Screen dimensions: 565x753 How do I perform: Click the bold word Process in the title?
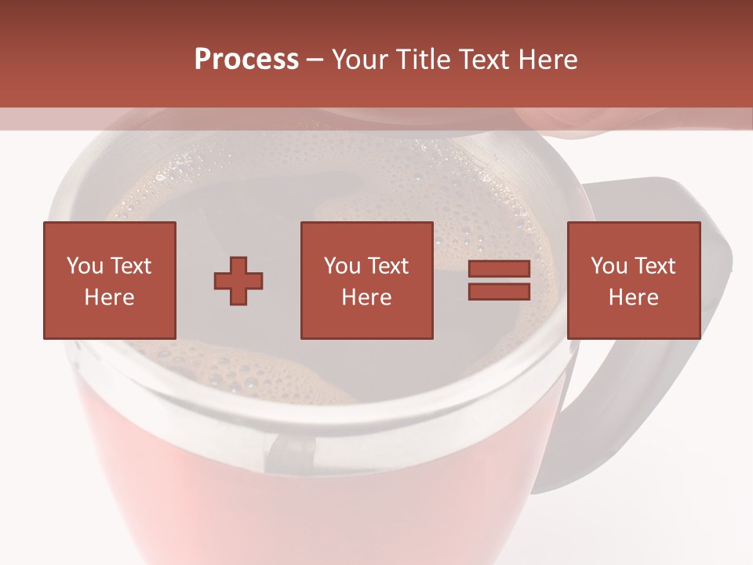[246, 60]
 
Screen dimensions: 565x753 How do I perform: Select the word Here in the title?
[549, 60]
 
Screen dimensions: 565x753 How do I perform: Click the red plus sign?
[238, 281]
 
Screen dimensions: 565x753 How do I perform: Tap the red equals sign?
[499, 281]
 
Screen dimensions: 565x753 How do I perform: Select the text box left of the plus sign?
[110, 281]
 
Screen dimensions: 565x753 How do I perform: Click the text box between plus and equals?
[367, 281]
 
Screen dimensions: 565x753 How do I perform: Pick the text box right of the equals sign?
[634, 281]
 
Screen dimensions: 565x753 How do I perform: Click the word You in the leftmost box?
[85, 266]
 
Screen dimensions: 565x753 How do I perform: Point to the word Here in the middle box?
[367, 297]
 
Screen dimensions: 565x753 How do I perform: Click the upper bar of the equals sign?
[499, 270]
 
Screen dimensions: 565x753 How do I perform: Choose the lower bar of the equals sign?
[499, 291]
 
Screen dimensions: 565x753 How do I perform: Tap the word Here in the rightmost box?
[634, 297]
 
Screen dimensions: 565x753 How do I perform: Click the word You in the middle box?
[342, 266]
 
